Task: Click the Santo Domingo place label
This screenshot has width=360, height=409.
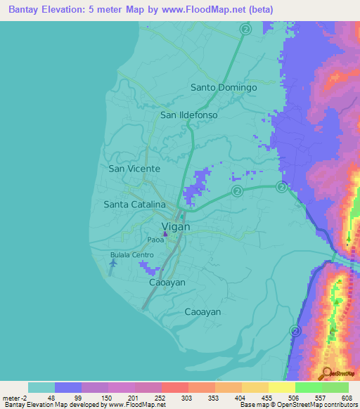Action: point(224,88)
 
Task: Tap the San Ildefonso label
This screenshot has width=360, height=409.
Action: point(189,115)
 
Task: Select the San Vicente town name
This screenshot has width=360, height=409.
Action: point(134,169)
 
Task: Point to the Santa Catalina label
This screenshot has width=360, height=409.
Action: point(134,204)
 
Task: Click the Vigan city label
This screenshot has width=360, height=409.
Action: point(176,226)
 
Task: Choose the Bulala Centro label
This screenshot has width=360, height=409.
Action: point(131,255)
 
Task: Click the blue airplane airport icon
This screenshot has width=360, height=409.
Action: point(113,263)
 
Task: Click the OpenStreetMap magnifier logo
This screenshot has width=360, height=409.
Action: point(326,373)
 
